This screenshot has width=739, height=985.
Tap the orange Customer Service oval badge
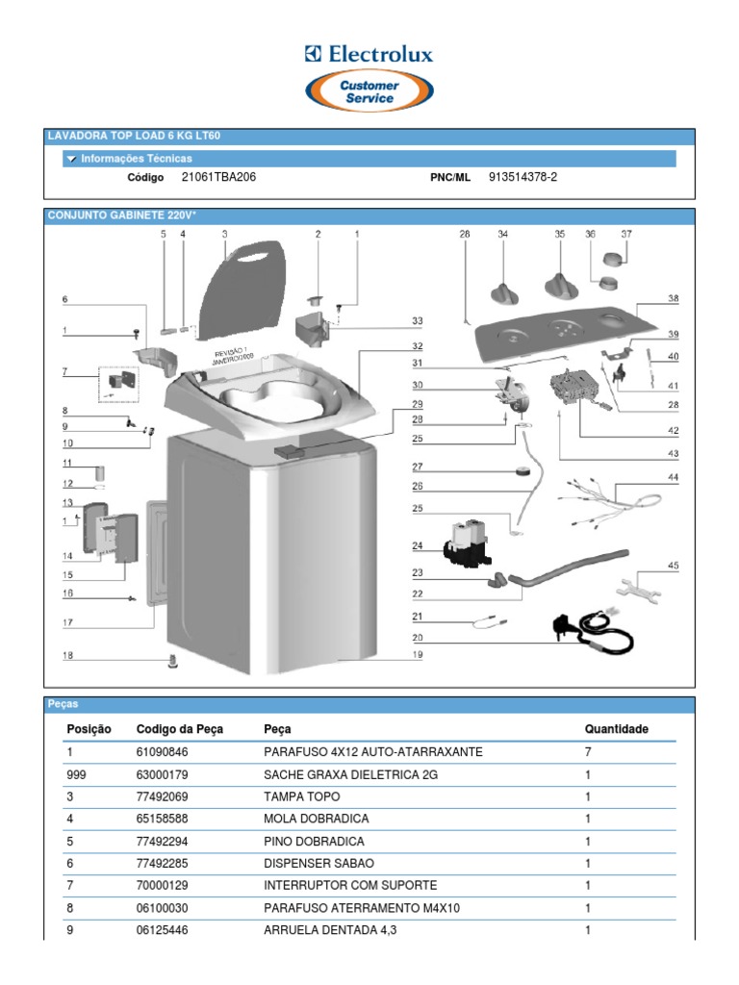click(x=369, y=92)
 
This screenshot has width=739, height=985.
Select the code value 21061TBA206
click(x=218, y=177)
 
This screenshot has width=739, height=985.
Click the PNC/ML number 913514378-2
click(x=522, y=177)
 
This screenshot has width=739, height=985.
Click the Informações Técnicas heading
click(x=136, y=159)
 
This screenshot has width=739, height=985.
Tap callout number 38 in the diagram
click(x=674, y=299)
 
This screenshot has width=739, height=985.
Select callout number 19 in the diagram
click(x=418, y=655)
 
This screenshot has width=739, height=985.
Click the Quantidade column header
click(x=616, y=729)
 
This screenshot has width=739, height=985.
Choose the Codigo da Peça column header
click(x=180, y=729)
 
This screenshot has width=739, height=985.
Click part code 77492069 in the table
click(x=163, y=796)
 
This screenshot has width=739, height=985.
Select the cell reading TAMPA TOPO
click(x=301, y=796)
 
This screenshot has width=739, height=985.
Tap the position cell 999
click(x=77, y=774)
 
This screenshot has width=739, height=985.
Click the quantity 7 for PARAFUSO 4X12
click(x=588, y=751)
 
